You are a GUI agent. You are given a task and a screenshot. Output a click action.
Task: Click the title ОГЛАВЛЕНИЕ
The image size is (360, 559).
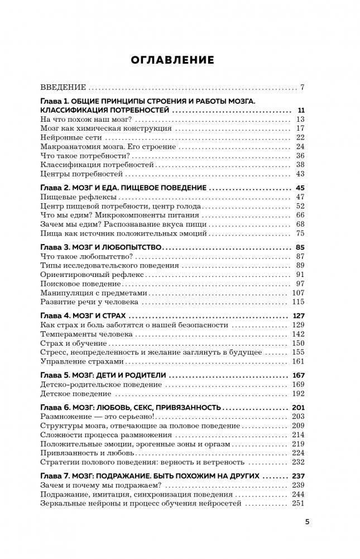[171, 60]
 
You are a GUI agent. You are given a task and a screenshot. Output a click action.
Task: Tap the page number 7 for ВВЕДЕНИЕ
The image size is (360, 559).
[301, 87]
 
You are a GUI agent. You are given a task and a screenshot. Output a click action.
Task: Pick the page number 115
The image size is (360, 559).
[297, 302]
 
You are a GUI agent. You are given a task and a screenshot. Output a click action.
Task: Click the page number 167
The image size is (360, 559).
[297, 375]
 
